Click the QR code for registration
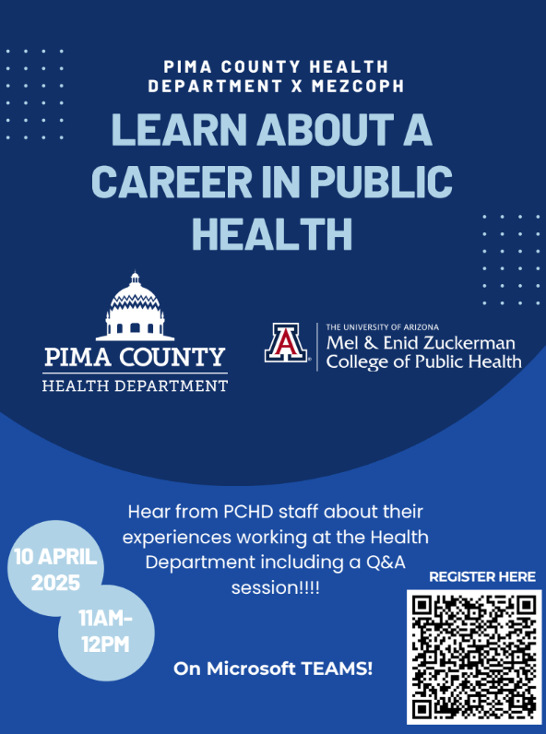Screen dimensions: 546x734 (474, 657)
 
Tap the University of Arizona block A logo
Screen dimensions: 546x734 (286, 342)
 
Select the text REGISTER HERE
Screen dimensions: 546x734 (482, 576)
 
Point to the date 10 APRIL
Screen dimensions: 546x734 (55, 557)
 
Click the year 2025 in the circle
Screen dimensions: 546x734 (55, 583)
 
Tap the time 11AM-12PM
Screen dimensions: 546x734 (106, 631)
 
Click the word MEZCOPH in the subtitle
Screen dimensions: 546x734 (357, 86)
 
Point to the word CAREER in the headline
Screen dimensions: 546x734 (172, 181)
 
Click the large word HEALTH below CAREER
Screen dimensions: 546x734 (272, 233)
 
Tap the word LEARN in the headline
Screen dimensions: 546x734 (179, 129)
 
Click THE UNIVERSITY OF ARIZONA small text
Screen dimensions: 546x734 (383, 326)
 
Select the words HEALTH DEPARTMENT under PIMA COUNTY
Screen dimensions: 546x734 (135, 385)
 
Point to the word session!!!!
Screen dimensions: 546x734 (276, 587)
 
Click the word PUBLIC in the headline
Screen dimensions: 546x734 (381, 181)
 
